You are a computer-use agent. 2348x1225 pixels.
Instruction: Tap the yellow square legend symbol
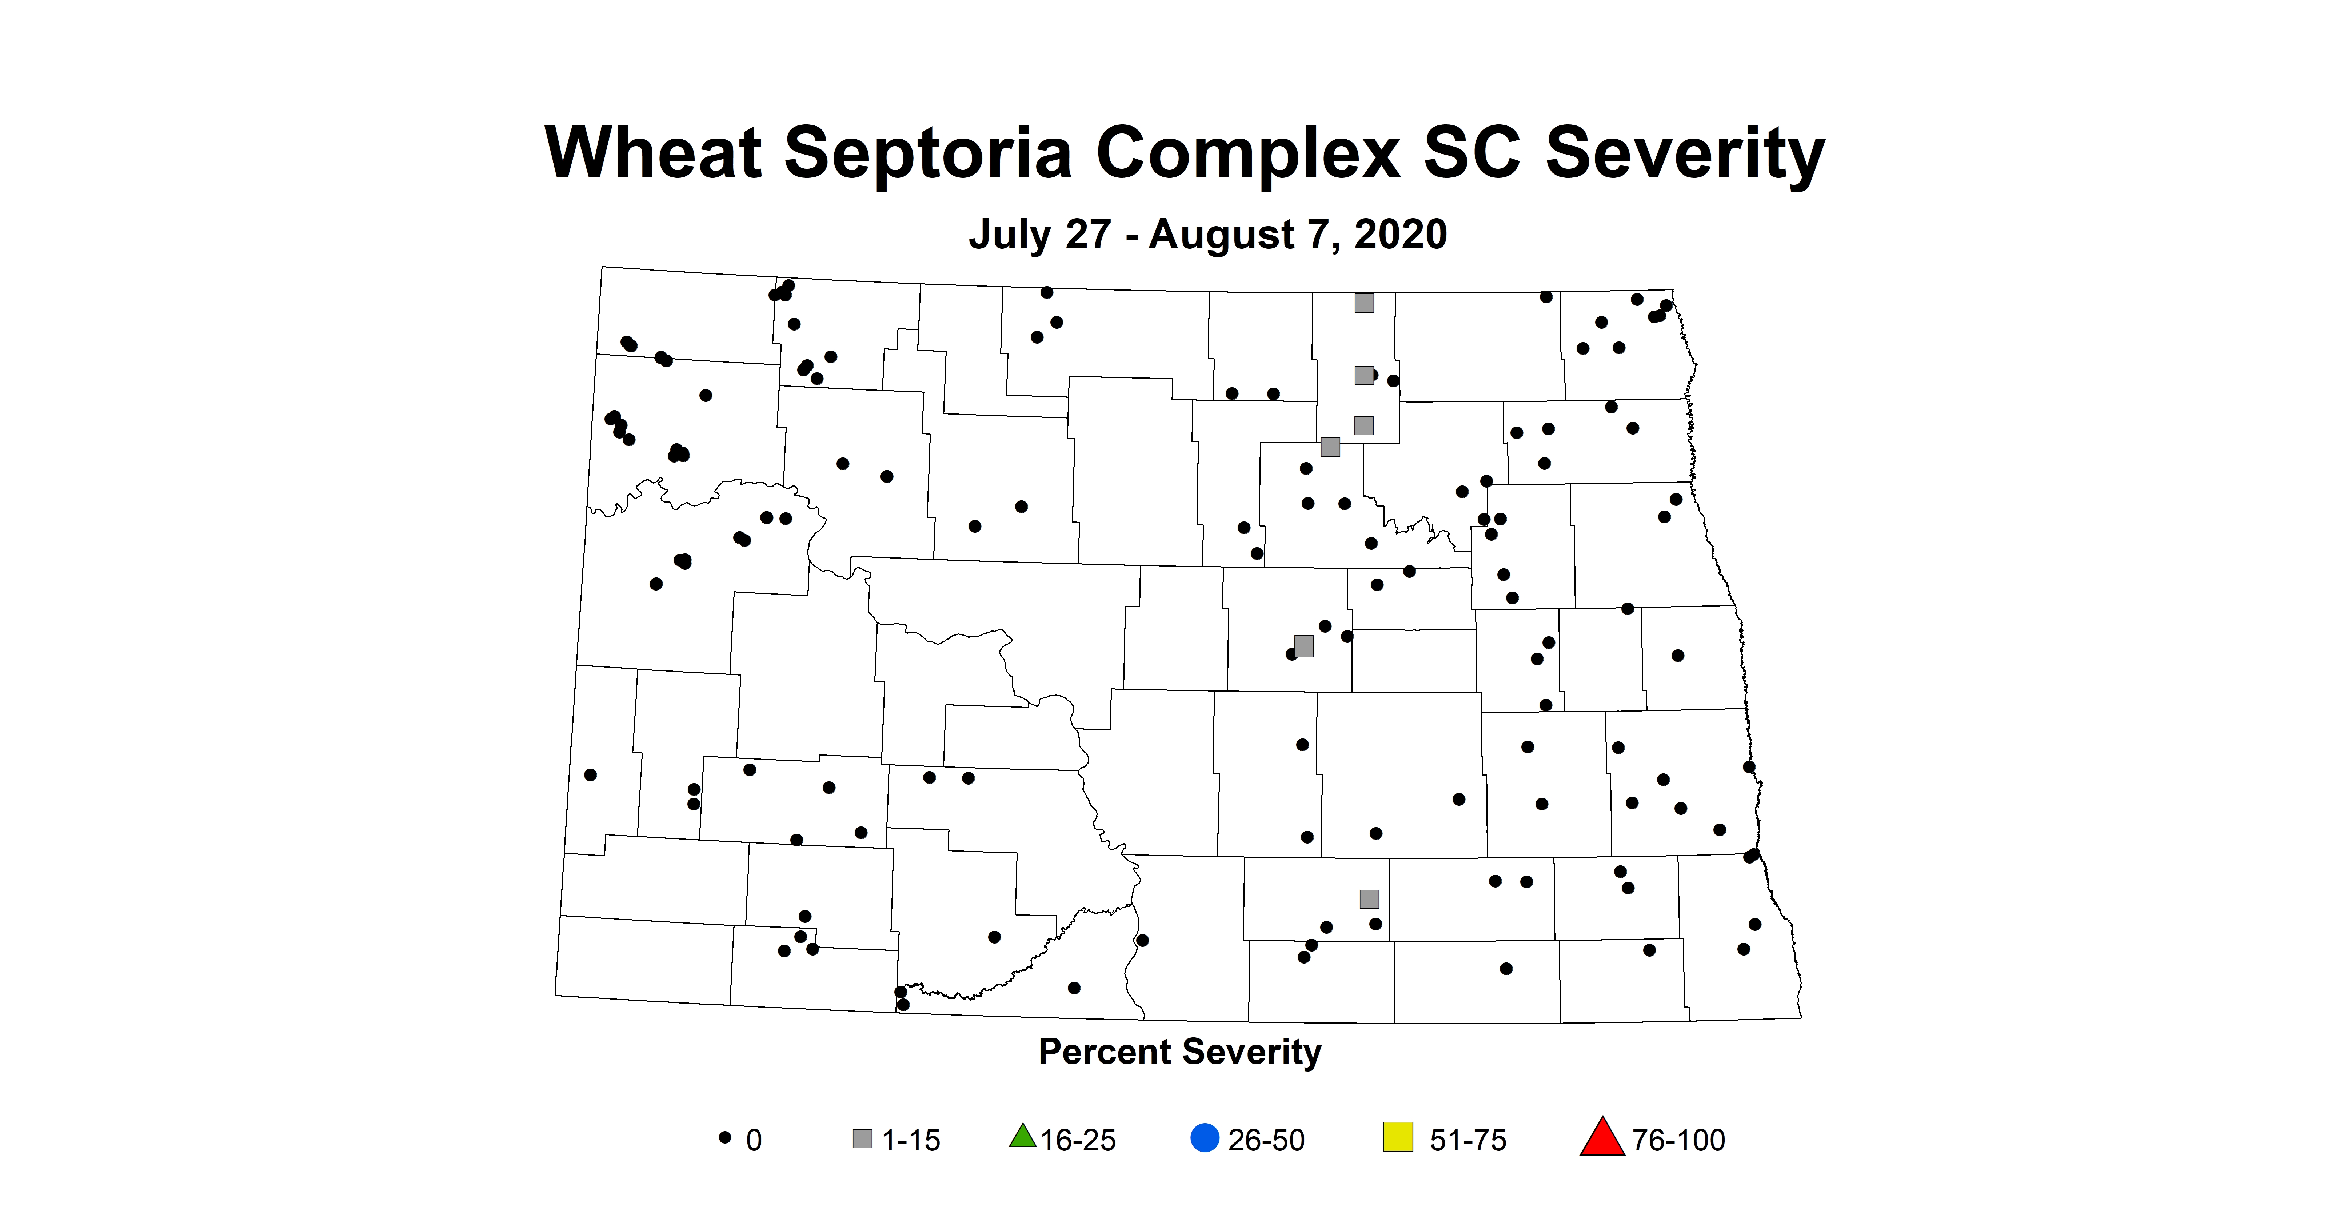pos(1397,1137)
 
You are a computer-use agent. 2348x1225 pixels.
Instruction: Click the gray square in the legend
pos(861,1138)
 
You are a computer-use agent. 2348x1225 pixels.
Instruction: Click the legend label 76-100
pos(1678,1140)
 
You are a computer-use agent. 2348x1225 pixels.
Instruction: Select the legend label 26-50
pos(1266,1140)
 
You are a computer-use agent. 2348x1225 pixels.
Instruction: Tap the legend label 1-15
pos(911,1140)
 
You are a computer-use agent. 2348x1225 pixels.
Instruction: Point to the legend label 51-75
pos(1467,1140)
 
